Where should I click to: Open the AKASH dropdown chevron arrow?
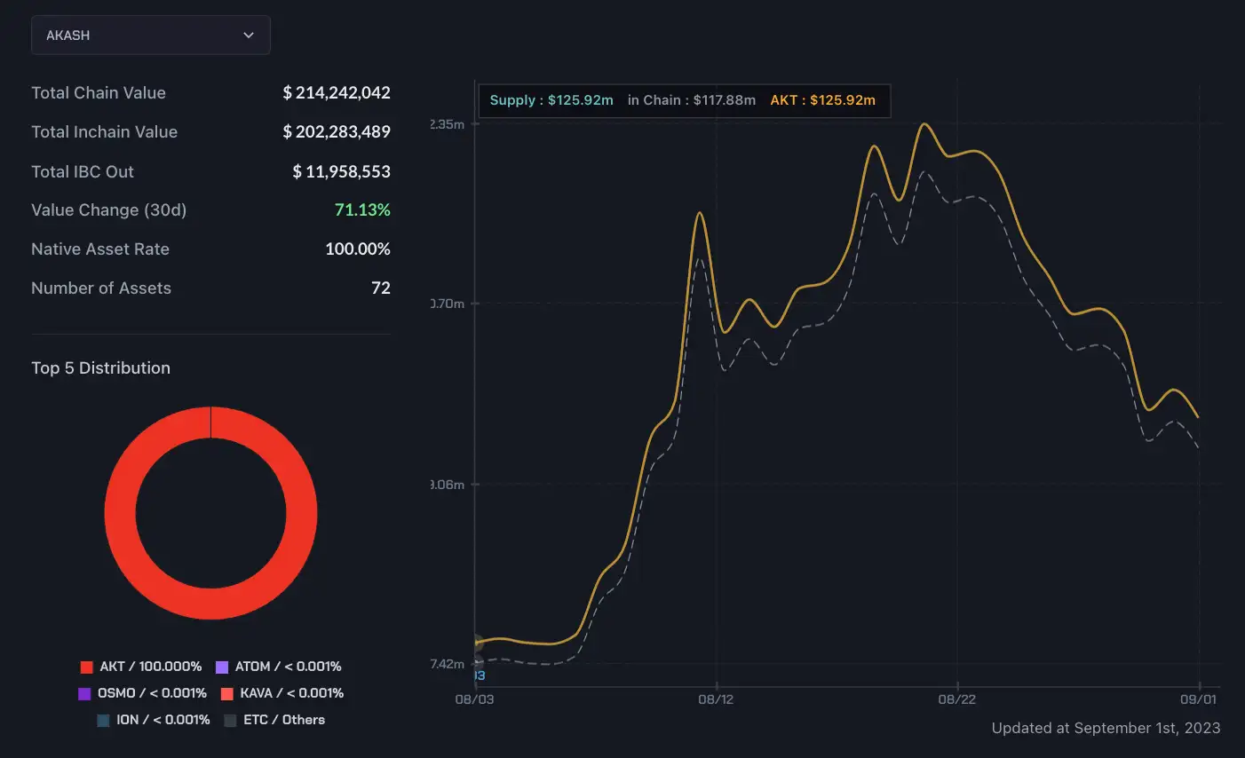[249, 36]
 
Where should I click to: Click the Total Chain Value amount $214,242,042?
[337, 92]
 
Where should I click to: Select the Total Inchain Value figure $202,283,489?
[337, 131]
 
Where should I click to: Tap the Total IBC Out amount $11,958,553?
[342, 171]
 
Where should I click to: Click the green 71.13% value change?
[362, 210]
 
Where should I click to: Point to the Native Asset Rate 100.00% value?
[358, 249]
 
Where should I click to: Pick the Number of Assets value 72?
[381, 288]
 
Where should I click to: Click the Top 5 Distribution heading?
[100, 368]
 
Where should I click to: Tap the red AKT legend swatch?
[87, 667]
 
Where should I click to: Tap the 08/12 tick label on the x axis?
[716, 699]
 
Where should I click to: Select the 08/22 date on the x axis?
[956, 699]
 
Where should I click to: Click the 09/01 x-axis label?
[1198, 699]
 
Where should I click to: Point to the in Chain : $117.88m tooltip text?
[692, 100]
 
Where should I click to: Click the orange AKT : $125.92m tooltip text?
[822, 100]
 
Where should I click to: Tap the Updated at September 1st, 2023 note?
[1106, 728]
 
